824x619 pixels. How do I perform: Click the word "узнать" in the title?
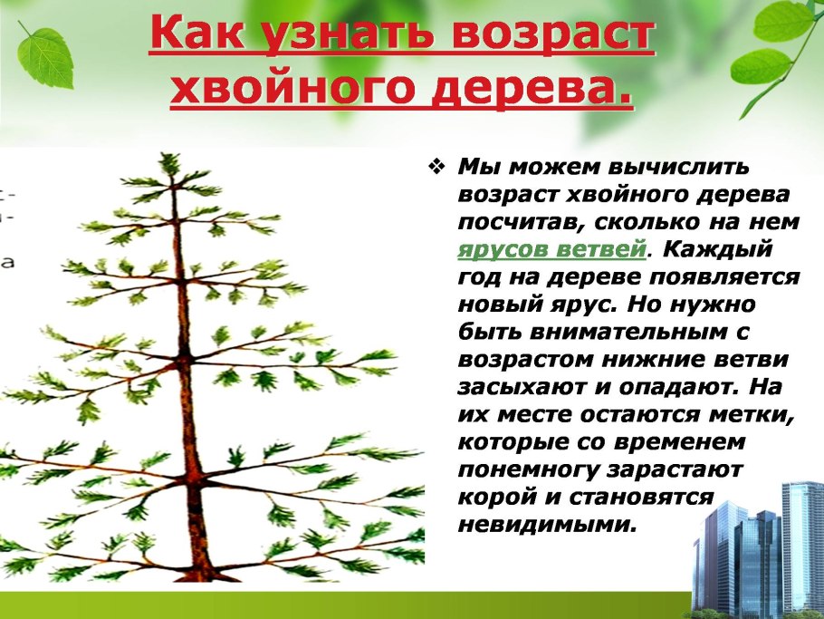point(320,35)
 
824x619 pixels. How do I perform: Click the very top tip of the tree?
point(168,158)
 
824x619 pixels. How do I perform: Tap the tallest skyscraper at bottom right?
point(800,544)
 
